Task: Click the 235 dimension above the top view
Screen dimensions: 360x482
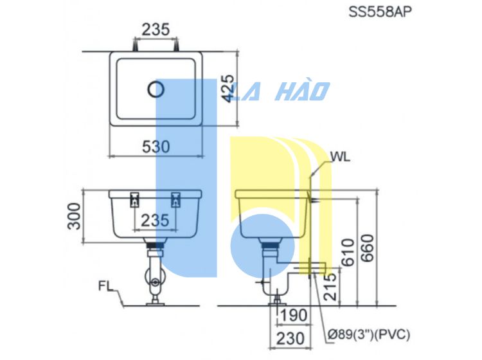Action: click(x=156, y=29)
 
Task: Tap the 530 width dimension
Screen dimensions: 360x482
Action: click(x=156, y=147)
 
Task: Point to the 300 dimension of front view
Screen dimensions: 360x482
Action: click(x=73, y=215)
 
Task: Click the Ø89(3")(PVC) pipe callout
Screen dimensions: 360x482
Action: click(x=368, y=335)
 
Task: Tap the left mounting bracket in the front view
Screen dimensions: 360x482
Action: click(x=135, y=200)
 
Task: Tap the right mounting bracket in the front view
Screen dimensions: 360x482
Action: click(x=176, y=200)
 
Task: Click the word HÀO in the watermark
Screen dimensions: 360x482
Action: click(x=302, y=91)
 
